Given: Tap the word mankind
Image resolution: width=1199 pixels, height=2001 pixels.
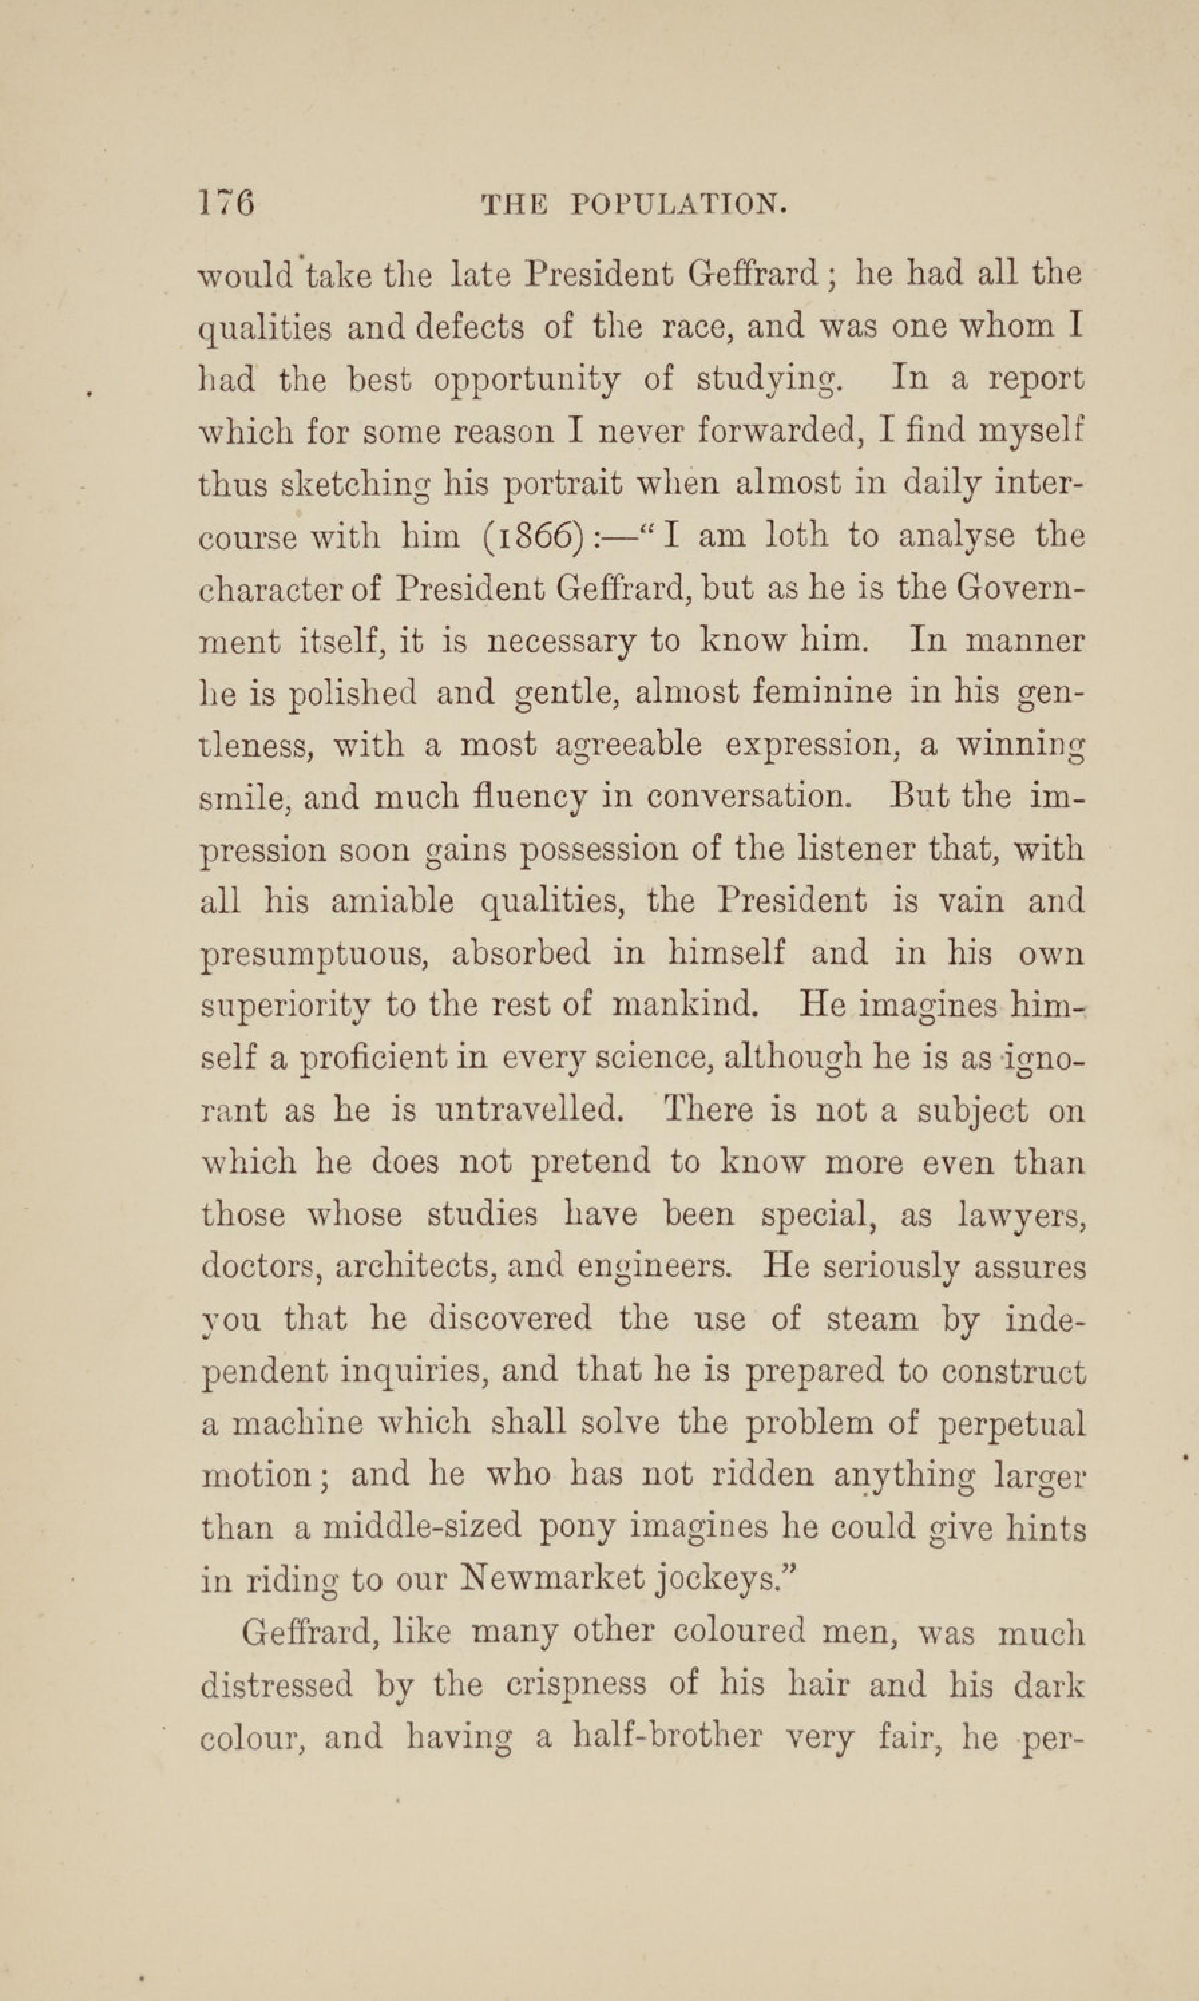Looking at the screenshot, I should pyautogui.click(x=687, y=1006).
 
